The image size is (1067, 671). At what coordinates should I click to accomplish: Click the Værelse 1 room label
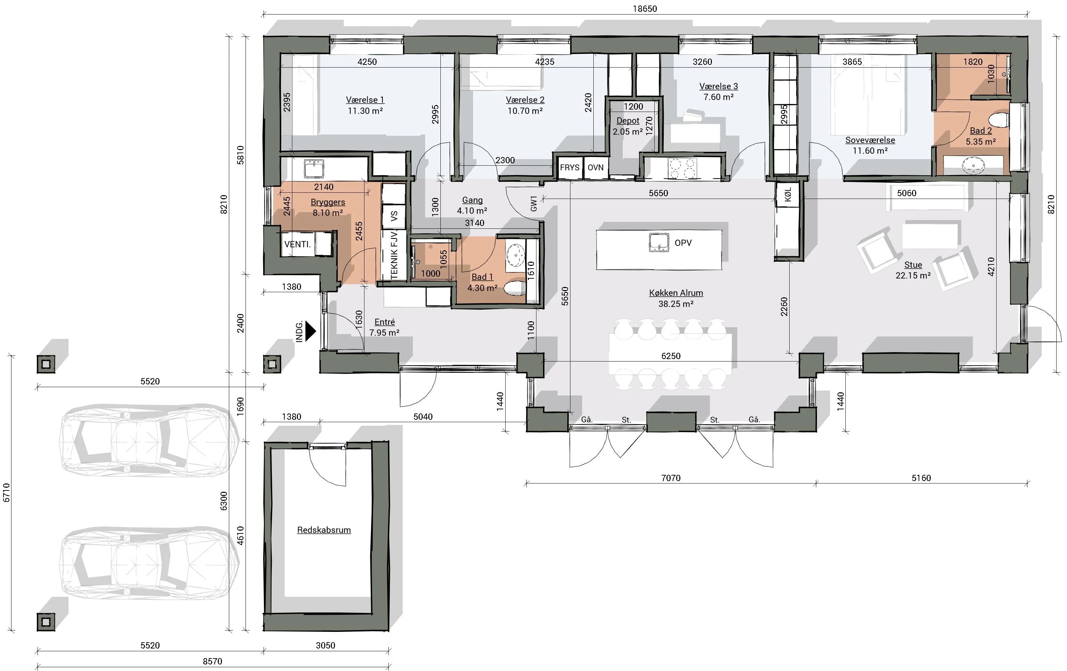click(365, 100)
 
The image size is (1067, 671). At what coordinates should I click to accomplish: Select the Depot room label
click(628, 121)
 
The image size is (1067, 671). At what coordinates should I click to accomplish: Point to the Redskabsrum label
click(324, 530)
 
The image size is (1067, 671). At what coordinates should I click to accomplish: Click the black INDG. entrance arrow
click(311, 331)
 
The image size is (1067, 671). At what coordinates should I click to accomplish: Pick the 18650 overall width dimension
click(645, 8)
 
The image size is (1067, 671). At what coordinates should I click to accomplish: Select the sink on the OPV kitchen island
click(659, 242)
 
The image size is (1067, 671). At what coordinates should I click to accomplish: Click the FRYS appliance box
click(569, 167)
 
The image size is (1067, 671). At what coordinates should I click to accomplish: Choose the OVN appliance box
click(595, 167)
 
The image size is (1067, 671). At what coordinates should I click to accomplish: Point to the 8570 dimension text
click(213, 661)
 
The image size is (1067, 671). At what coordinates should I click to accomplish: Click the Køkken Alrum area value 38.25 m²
click(676, 304)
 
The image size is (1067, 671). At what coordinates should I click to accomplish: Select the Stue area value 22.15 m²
click(913, 276)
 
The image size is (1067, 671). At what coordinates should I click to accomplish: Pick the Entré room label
click(385, 322)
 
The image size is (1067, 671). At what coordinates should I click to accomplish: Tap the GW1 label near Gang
click(533, 203)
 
